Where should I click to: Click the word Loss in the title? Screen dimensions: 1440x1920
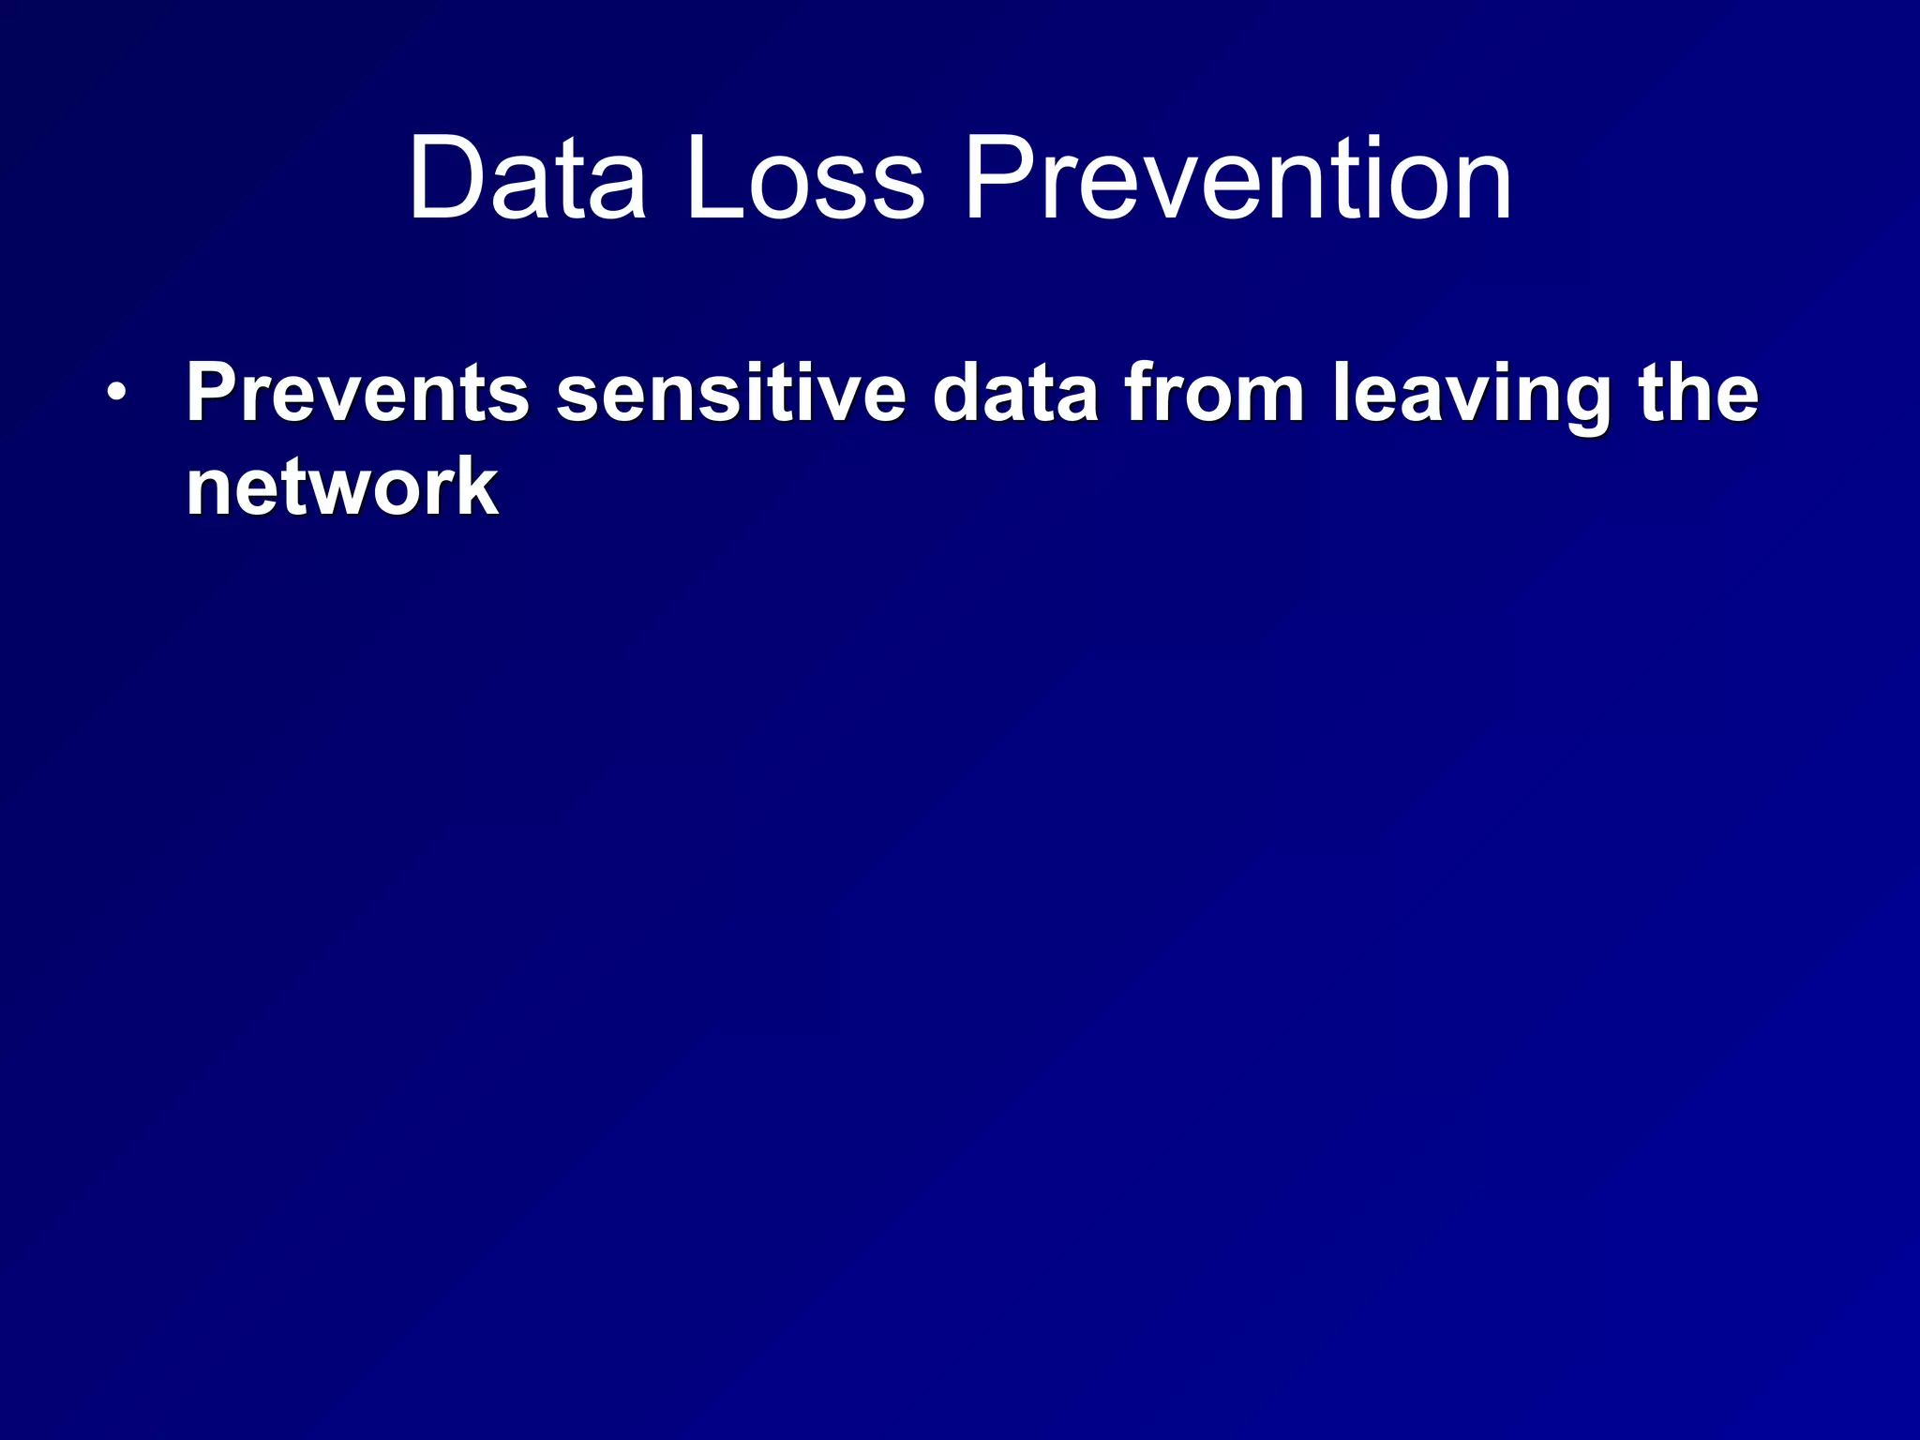[x=804, y=178]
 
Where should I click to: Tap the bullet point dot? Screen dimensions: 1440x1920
[x=114, y=393]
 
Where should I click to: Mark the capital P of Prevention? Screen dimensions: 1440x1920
[x=996, y=178]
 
